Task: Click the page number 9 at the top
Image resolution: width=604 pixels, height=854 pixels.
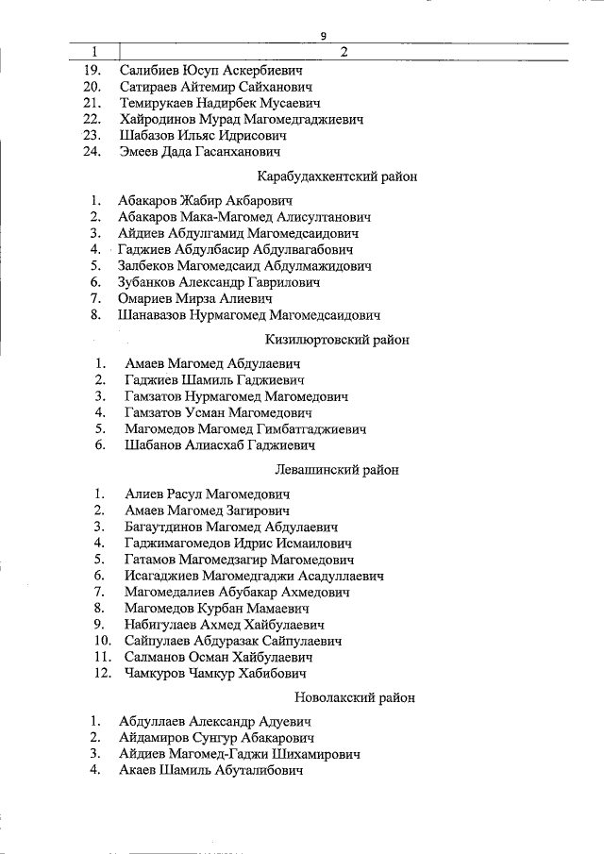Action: [324, 36]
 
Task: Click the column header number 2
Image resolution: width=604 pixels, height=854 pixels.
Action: [344, 52]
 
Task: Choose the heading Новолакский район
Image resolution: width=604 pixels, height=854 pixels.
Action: [343, 698]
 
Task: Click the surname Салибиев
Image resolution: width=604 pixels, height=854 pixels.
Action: [150, 70]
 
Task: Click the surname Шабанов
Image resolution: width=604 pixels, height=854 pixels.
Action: [154, 445]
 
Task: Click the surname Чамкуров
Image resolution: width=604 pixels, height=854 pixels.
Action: [158, 674]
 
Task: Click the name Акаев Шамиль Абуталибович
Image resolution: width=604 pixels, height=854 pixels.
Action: [210, 771]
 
